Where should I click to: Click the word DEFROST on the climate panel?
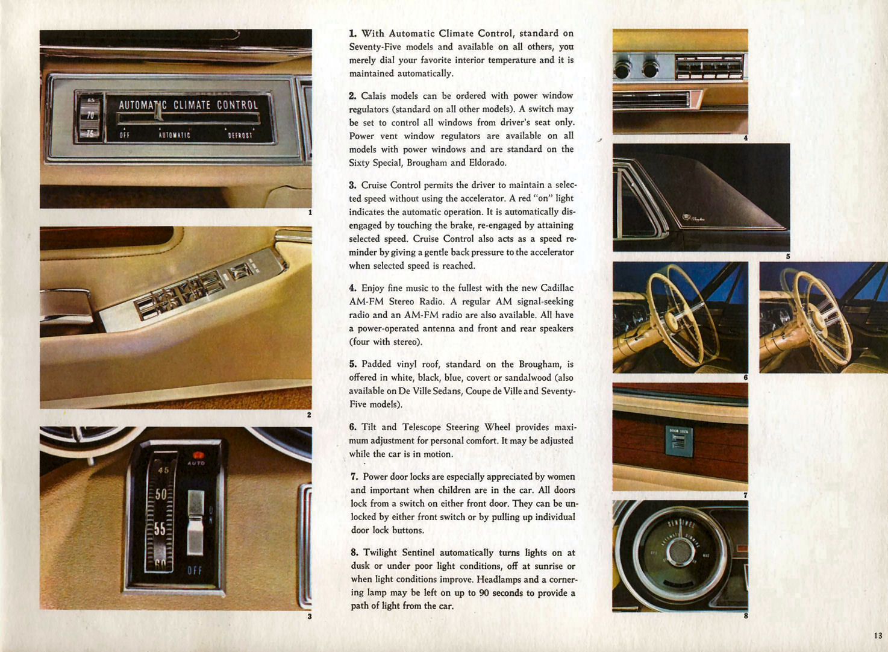240,135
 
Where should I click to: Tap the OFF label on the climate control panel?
125,135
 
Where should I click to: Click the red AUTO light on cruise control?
197,456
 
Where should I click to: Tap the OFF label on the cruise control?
195,570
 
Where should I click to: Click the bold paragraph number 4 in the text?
352,288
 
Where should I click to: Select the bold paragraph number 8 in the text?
354,553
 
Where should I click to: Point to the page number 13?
878,635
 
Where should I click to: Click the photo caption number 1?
310,212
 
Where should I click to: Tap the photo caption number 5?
787,256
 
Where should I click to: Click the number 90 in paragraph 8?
484,593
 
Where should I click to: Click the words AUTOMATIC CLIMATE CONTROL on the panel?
188,105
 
